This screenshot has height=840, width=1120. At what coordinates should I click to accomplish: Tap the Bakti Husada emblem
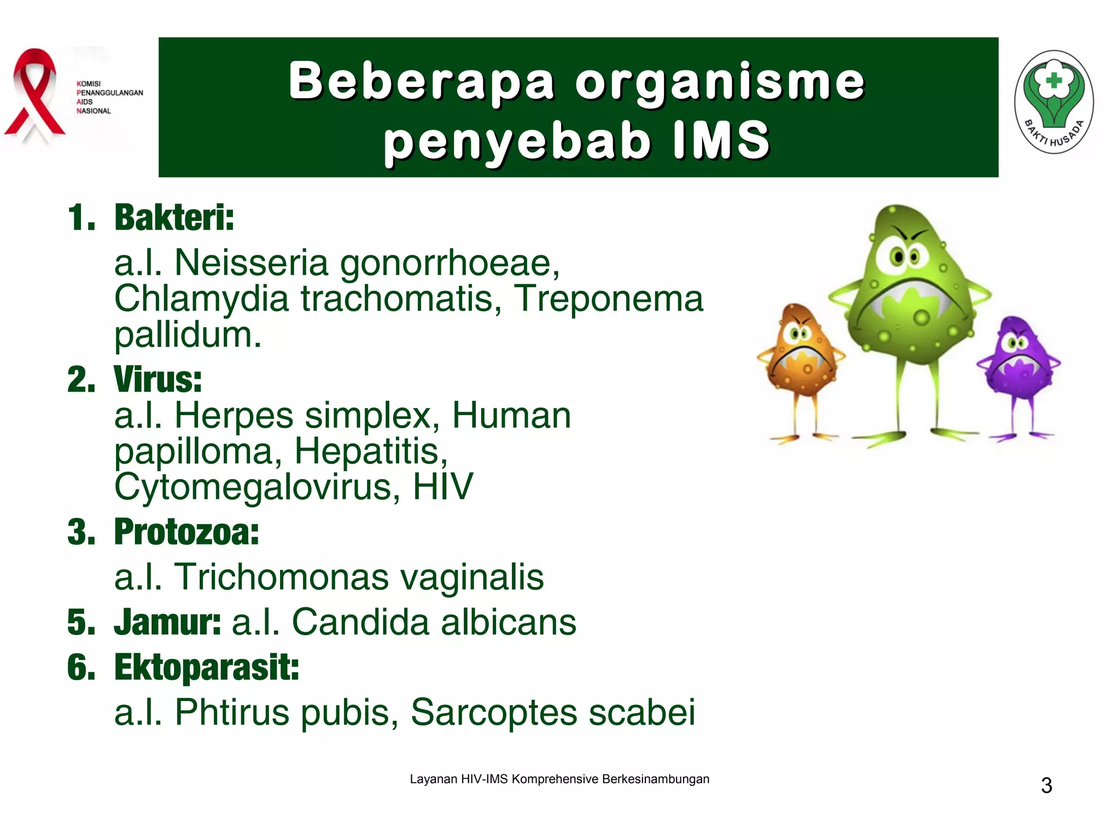click(1054, 102)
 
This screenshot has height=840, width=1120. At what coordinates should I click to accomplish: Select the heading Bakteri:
click(174, 218)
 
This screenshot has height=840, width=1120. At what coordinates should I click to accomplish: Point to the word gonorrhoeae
click(450, 264)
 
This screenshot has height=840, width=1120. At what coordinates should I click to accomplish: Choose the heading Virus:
click(157, 379)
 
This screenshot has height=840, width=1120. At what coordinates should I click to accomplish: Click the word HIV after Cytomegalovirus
click(442, 487)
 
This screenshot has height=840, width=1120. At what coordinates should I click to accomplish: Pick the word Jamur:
click(167, 622)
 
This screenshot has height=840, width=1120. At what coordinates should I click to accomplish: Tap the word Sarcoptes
click(493, 713)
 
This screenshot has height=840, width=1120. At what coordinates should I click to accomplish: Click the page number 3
click(1046, 786)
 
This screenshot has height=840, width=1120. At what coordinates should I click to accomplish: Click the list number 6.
click(81, 668)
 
